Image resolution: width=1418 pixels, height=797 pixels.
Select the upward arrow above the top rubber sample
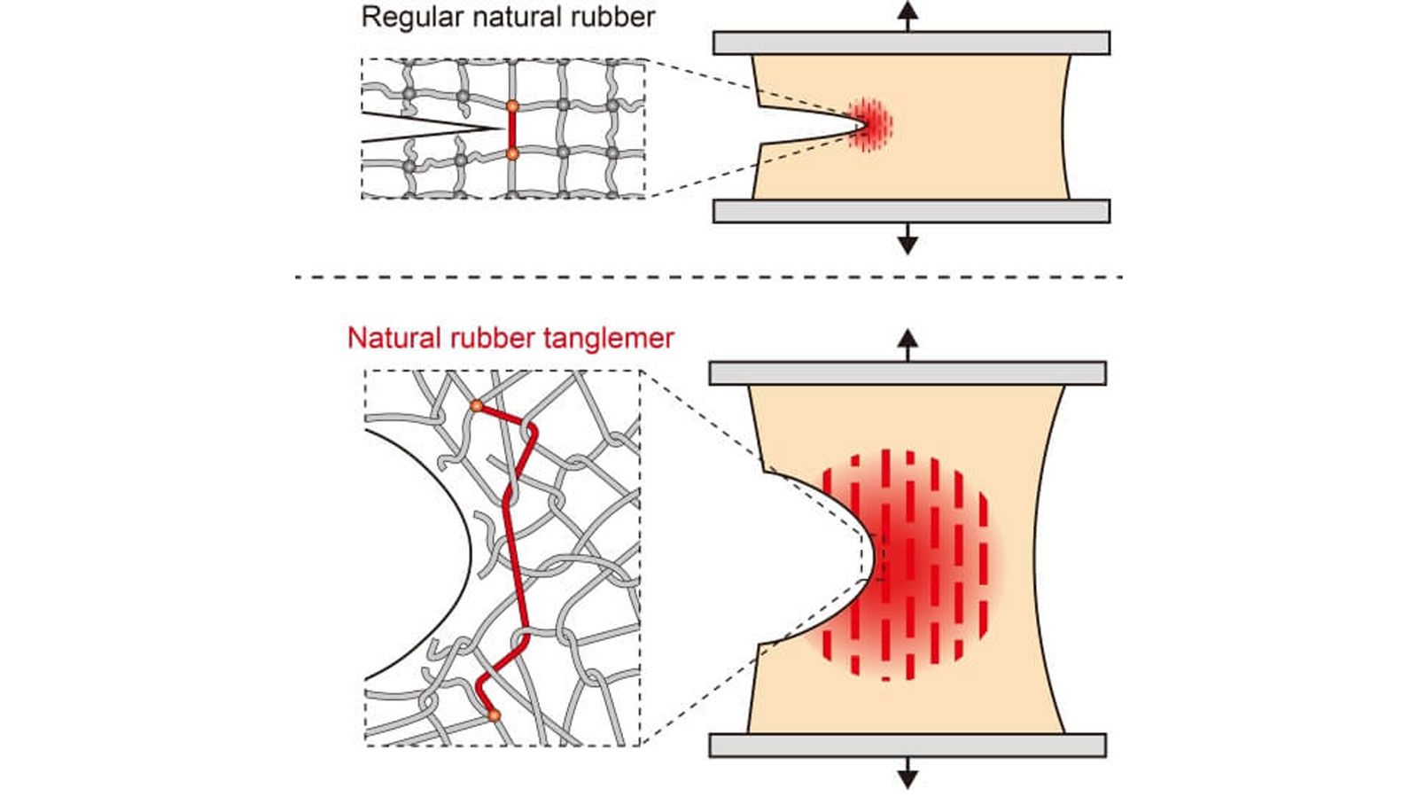tap(907, 15)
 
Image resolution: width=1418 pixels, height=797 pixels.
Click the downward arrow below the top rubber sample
tap(907, 239)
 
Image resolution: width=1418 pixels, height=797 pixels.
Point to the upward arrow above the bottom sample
tap(908, 343)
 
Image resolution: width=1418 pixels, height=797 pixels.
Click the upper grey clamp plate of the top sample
tap(911, 43)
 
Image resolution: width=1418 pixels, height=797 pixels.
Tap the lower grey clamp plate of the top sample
tap(911, 211)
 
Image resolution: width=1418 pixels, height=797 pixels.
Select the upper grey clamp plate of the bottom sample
tap(908, 372)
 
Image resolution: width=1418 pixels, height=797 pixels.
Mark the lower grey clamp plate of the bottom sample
tap(908, 746)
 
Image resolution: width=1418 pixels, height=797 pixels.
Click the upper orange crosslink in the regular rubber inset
tap(512, 106)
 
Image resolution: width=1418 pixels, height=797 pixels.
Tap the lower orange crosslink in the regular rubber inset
tap(512, 154)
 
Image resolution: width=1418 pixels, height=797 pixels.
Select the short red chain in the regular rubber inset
tap(512, 130)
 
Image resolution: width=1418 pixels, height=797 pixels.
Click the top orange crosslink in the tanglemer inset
tap(477, 405)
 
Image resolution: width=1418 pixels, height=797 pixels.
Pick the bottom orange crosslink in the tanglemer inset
tap(495, 715)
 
